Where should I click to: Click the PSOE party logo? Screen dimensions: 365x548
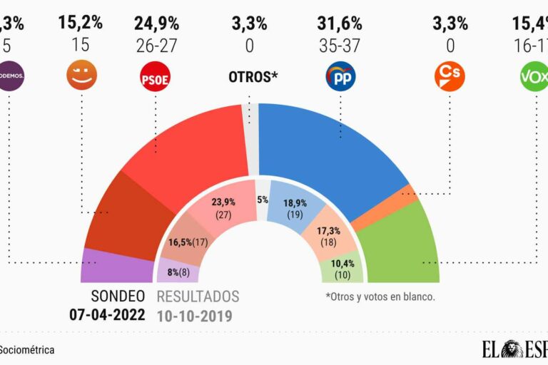[155, 76]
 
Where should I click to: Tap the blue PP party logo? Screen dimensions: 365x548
[340, 76]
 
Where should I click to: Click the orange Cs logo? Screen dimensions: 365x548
[449, 76]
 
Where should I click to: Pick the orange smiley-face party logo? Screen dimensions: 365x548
[81, 76]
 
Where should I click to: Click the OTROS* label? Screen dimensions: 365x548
[253, 76]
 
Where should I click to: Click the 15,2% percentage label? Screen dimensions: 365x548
[81, 23]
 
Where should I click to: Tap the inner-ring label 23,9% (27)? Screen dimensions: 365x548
[224, 207]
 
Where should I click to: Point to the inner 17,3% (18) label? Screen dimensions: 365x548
[329, 236]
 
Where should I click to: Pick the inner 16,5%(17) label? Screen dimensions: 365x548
[188, 242]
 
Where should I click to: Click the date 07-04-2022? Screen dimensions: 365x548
[106, 314]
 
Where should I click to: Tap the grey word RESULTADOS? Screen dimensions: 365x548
[198, 297]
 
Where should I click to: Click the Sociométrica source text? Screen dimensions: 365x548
[27, 350]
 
